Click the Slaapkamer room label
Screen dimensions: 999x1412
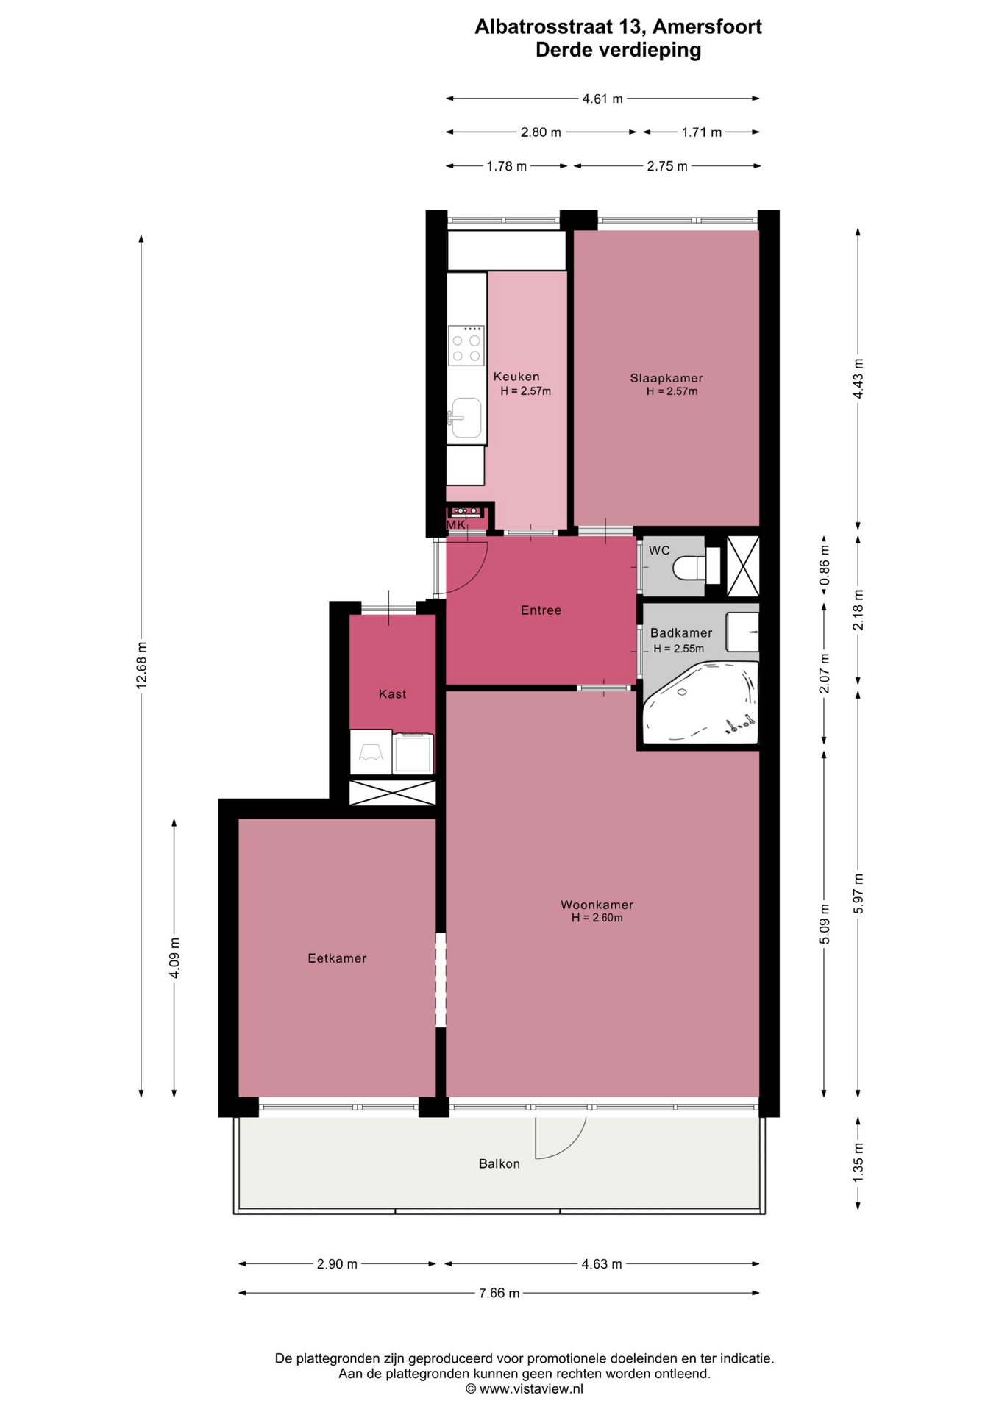point(666,378)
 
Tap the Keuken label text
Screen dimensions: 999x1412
point(516,377)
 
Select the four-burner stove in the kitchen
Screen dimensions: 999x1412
point(466,346)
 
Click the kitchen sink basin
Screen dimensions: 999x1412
point(466,418)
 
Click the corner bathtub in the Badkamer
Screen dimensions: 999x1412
point(700,702)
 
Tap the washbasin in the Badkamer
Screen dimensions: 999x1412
point(742,632)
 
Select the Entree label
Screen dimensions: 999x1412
point(541,610)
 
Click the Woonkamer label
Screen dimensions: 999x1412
point(597,905)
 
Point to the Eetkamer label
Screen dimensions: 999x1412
point(337,958)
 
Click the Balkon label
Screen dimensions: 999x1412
point(499,1164)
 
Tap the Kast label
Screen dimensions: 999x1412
point(392,694)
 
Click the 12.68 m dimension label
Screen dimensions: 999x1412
point(141,665)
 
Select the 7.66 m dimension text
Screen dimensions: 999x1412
point(499,1294)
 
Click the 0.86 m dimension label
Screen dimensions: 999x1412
point(825,565)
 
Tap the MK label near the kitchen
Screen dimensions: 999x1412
point(456,525)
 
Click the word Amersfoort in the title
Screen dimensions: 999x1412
point(707,27)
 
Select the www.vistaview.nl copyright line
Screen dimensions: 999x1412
point(525,1388)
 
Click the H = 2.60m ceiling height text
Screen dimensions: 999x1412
point(597,918)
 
